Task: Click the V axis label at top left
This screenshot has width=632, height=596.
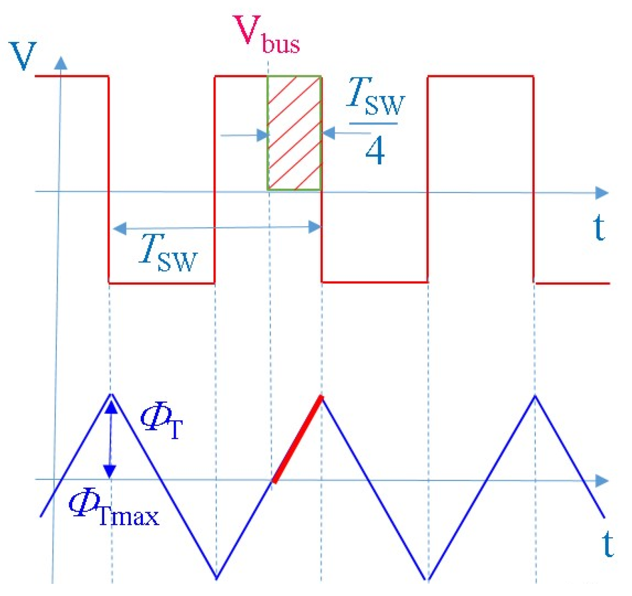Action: pos(23,56)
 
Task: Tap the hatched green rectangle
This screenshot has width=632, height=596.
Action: pos(294,133)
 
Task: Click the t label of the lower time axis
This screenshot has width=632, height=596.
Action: pos(608,544)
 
